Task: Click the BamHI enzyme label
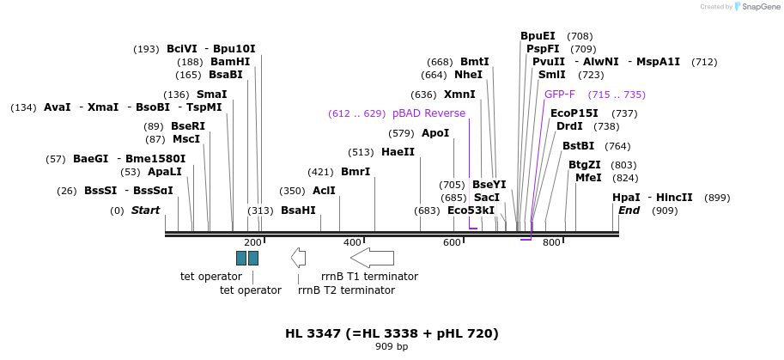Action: (230, 62)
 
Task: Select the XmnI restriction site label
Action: (459, 95)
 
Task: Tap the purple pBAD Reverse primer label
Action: (428, 113)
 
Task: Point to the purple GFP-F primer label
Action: (560, 95)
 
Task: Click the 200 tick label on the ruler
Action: (252, 243)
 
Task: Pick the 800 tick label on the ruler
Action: (551, 243)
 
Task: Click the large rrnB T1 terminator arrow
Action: (372, 258)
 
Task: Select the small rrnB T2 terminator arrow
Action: (299, 258)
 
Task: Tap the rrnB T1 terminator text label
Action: (369, 277)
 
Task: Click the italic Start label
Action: (145, 211)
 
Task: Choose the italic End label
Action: (629, 211)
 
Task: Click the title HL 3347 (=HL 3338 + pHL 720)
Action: (392, 333)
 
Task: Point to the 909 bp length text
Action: (392, 347)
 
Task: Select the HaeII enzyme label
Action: (398, 152)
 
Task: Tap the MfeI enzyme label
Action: (588, 178)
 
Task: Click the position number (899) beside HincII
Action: (717, 198)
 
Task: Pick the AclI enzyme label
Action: (324, 191)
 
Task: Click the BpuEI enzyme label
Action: (538, 36)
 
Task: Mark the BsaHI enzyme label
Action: (298, 211)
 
